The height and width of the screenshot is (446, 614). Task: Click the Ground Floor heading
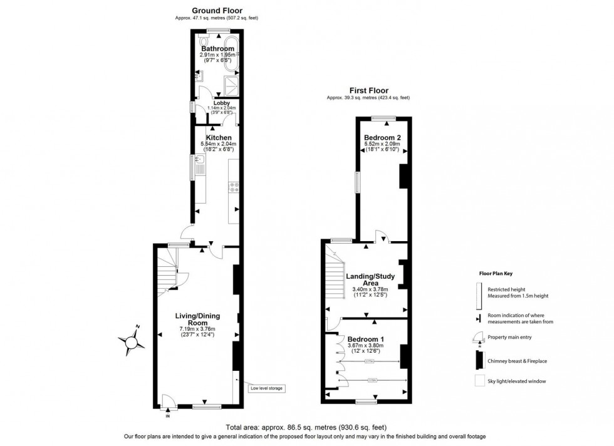point(217,11)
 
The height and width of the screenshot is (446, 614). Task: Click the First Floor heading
point(368,90)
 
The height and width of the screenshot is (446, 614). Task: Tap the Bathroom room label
point(217,48)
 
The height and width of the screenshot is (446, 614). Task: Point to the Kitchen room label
point(217,138)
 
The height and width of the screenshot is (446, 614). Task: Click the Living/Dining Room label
point(197,319)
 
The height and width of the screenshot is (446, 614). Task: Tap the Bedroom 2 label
point(383,138)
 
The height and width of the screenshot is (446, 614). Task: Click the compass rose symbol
point(132,342)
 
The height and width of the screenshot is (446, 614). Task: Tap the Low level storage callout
point(267,389)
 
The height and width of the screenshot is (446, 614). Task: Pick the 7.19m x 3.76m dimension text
point(197,329)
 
